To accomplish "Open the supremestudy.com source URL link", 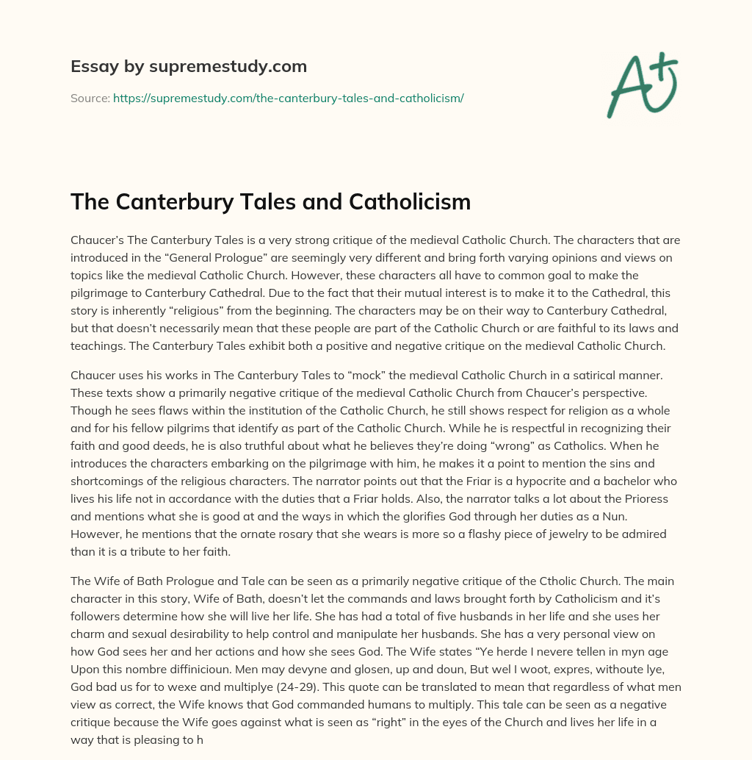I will (x=288, y=98).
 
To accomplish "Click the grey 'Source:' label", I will (x=90, y=98).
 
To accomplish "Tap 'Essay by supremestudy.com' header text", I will (x=188, y=66).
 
